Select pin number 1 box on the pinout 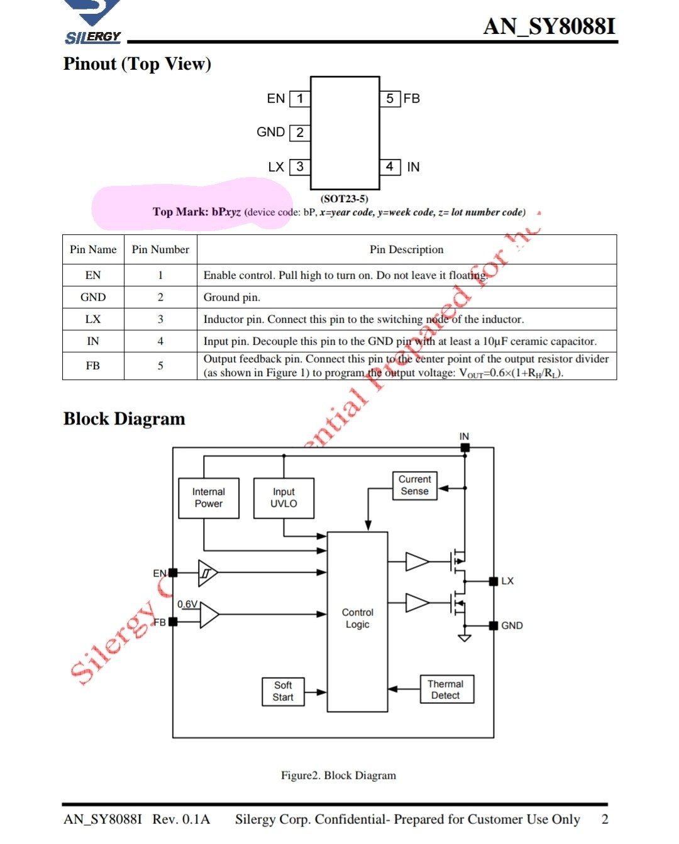tap(300, 99)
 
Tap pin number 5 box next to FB tap(390, 99)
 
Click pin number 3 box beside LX tap(300, 167)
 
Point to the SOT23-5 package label tap(345, 199)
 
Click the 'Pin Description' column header tap(406, 250)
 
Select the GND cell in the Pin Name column tap(93, 297)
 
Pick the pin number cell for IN tap(160, 341)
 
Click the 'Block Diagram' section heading tap(124, 419)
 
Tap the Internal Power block tap(209, 498)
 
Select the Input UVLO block tap(284, 498)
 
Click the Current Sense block tap(414, 485)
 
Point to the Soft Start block tap(283, 691)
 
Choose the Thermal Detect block tap(446, 690)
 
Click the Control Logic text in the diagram tap(357, 619)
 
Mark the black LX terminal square tap(494, 582)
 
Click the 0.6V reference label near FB tap(187, 604)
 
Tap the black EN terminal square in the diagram tap(173, 573)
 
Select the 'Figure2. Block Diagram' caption tap(338, 776)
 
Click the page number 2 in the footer tap(605, 819)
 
